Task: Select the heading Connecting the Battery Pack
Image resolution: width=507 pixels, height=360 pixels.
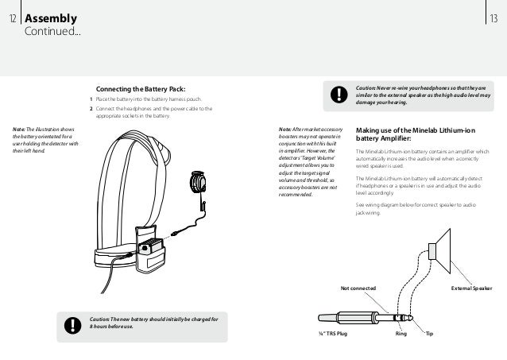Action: [140, 88]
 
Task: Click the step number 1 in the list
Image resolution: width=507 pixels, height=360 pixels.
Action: [91, 99]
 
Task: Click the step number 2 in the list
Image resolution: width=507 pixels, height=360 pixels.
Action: [91, 108]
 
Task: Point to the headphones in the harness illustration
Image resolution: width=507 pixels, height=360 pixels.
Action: [199, 183]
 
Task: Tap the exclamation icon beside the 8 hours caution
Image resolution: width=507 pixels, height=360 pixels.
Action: [73, 324]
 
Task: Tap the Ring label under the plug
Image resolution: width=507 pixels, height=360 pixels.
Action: [401, 335]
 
